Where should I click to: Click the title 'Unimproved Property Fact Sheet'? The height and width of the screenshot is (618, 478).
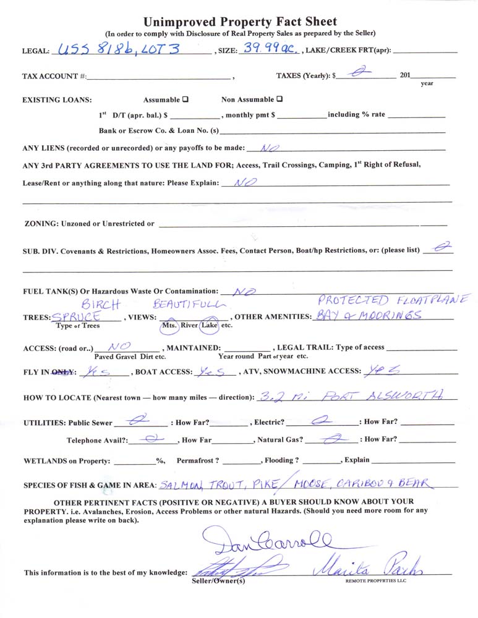click(240, 22)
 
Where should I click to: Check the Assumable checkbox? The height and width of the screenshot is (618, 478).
click(186, 99)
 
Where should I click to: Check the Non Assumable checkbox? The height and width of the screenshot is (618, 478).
click(280, 99)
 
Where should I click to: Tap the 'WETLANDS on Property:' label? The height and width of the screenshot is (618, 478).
click(67, 461)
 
